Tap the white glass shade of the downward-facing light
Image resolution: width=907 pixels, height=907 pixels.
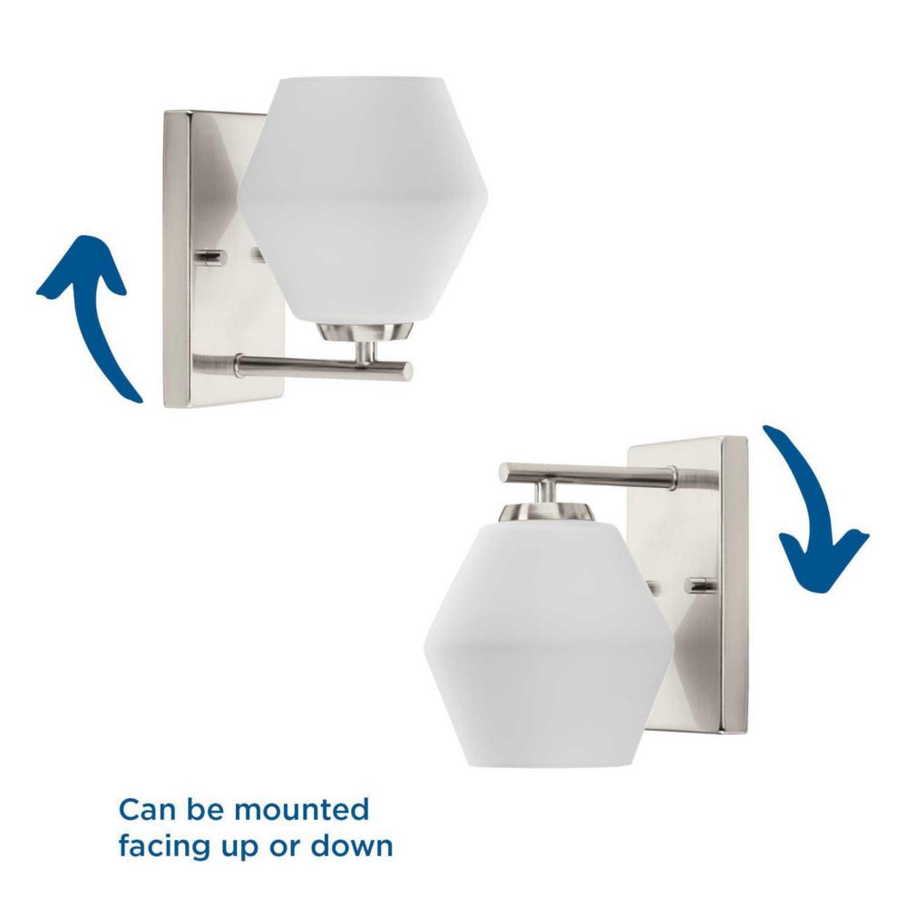(x=548, y=641)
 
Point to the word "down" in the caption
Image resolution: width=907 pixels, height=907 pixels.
(x=352, y=845)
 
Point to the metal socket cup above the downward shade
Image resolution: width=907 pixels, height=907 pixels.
(x=547, y=510)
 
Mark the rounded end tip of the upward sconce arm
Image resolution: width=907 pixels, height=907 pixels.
(x=408, y=370)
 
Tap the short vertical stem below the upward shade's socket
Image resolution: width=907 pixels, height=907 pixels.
(x=366, y=352)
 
